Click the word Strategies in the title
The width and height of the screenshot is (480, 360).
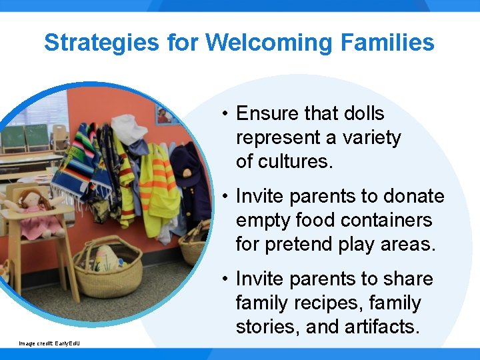[101, 43]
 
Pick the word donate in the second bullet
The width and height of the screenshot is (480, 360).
[413, 196]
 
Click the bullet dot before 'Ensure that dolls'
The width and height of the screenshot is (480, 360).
[227, 113]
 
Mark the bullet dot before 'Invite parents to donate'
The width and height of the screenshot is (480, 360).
[227, 196]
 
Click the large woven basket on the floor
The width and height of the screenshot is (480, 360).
[107, 267]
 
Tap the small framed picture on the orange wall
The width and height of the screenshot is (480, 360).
[164, 114]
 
